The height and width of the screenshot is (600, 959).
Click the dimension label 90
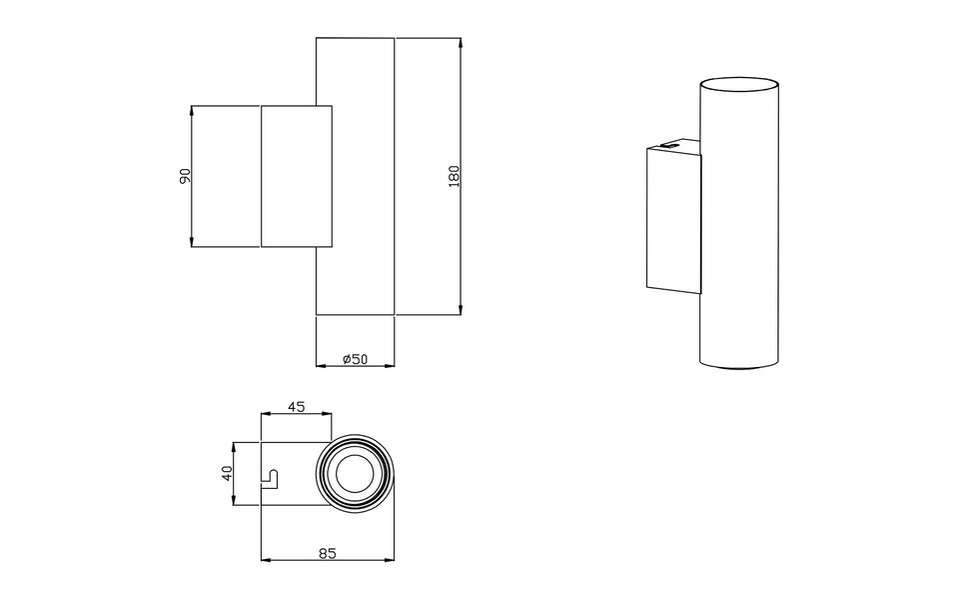[184, 176]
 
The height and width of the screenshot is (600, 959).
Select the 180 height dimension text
[455, 176]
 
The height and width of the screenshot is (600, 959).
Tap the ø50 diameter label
[355, 359]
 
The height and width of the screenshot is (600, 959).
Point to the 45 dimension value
[296, 407]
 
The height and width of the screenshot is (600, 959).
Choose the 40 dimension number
[227, 474]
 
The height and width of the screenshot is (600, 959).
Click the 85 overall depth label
[327, 552]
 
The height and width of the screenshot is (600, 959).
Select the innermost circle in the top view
[355, 474]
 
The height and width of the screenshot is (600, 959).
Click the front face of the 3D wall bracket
[674, 218]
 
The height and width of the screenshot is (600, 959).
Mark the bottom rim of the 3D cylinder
[738, 368]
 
